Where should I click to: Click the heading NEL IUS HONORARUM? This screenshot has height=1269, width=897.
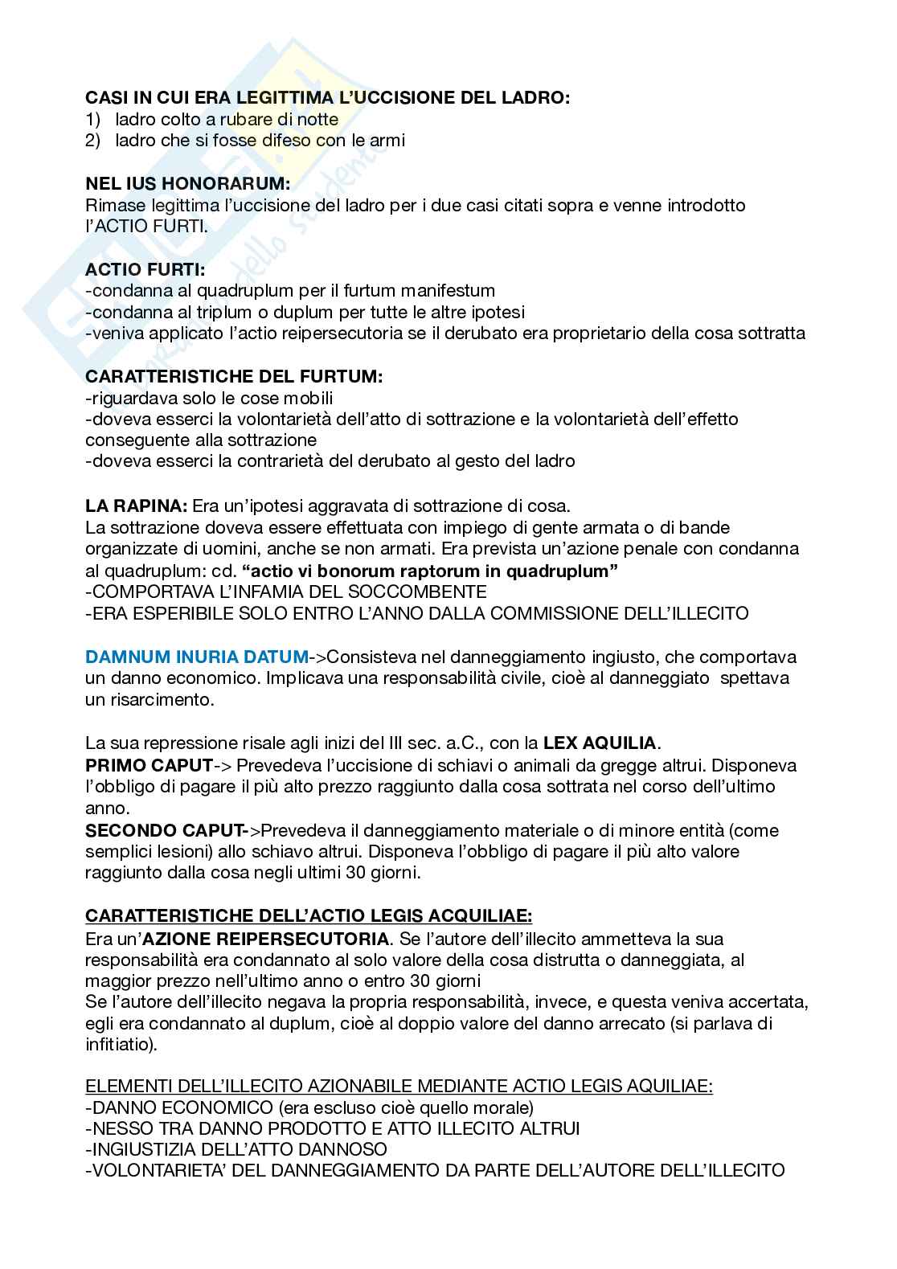188,184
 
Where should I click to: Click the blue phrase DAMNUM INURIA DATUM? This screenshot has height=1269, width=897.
196,656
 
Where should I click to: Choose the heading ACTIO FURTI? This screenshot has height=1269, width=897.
145,270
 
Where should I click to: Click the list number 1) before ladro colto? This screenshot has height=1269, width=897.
93,119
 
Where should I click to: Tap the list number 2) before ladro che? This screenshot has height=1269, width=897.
93,141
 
